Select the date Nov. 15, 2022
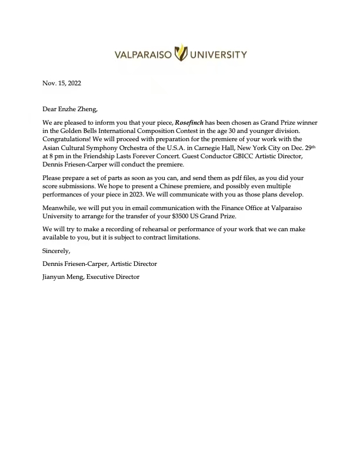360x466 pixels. click(62, 83)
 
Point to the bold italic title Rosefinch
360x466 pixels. click(189, 122)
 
